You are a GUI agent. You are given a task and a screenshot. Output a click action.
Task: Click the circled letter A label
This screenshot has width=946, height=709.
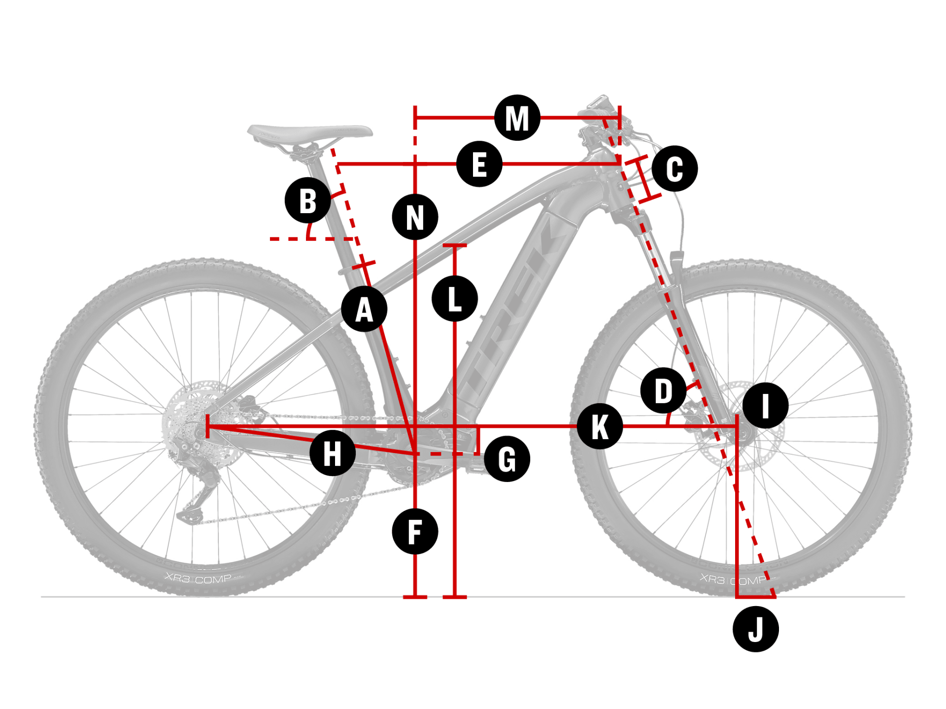tap(364, 309)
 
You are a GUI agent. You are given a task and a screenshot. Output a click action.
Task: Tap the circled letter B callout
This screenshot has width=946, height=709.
tap(307, 200)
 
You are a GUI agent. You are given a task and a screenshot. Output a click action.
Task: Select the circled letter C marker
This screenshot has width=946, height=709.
tap(675, 168)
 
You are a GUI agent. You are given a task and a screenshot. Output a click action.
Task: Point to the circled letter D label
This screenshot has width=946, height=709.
tap(663, 390)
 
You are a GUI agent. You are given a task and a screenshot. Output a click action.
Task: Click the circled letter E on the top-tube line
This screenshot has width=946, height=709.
tap(479, 164)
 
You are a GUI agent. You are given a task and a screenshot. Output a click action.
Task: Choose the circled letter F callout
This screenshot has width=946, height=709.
tap(415, 532)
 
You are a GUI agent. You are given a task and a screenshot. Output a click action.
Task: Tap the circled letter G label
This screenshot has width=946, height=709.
tap(507, 459)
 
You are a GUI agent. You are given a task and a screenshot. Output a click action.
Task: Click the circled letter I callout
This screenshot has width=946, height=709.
tap(765, 405)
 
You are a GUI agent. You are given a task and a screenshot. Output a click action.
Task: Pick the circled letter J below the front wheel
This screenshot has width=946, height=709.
tap(755, 629)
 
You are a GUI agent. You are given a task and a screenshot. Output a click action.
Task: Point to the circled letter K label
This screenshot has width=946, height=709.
tap(600, 426)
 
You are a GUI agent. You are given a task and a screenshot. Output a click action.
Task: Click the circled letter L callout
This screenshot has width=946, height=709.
tap(454, 299)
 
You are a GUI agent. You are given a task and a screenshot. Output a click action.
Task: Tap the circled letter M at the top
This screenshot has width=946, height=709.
tap(517, 118)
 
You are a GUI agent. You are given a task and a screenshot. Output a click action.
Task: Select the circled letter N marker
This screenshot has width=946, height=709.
tap(415, 217)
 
